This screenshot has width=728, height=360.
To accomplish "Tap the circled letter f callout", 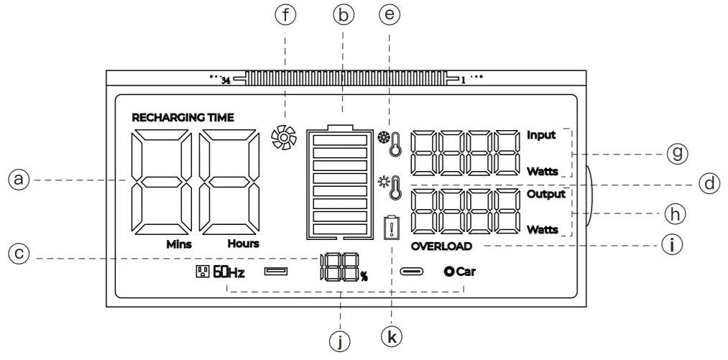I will pos(287,15).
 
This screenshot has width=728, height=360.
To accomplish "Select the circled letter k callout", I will pos(392,334).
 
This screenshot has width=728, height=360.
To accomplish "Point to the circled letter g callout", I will pos(676,153).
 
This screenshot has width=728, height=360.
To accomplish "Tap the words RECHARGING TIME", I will pos(183,117).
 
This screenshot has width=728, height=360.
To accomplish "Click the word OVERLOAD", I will pos(442,246).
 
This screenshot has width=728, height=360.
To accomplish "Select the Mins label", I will pos(179,244).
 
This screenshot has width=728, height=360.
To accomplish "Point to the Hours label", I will pos(243,244).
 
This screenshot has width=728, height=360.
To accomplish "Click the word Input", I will pos(541,134).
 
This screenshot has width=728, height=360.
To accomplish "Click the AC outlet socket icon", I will pos(201,272).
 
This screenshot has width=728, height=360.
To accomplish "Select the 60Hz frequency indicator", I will pos(229,272).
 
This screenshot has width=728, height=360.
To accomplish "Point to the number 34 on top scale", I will pos(225,80).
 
